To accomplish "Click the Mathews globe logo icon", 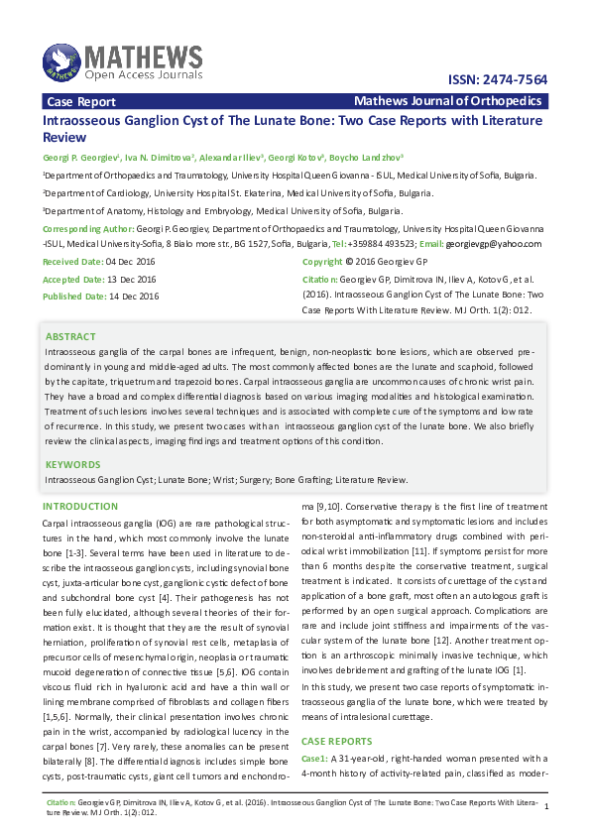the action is pyautogui.click(x=60, y=61).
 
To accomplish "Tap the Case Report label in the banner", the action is pyautogui.click(x=81, y=101).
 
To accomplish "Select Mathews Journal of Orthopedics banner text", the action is pyautogui.click(x=447, y=101).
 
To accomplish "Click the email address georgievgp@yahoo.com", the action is pyautogui.click(x=494, y=244).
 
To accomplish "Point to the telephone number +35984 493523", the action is pyautogui.click(x=381, y=244).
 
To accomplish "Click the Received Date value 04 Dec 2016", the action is pyautogui.click(x=131, y=262).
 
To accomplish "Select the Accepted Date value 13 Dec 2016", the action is pyautogui.click(x=131, y=279).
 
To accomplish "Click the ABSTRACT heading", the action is pyautogui.click(x=70, y=337).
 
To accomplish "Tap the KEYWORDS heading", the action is pyautogui.click(x=73, y=464).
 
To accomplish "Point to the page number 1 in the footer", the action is pyautogui.click(x=546, y=807).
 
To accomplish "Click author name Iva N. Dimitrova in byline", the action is pyautogui.click(x=158, y=158).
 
